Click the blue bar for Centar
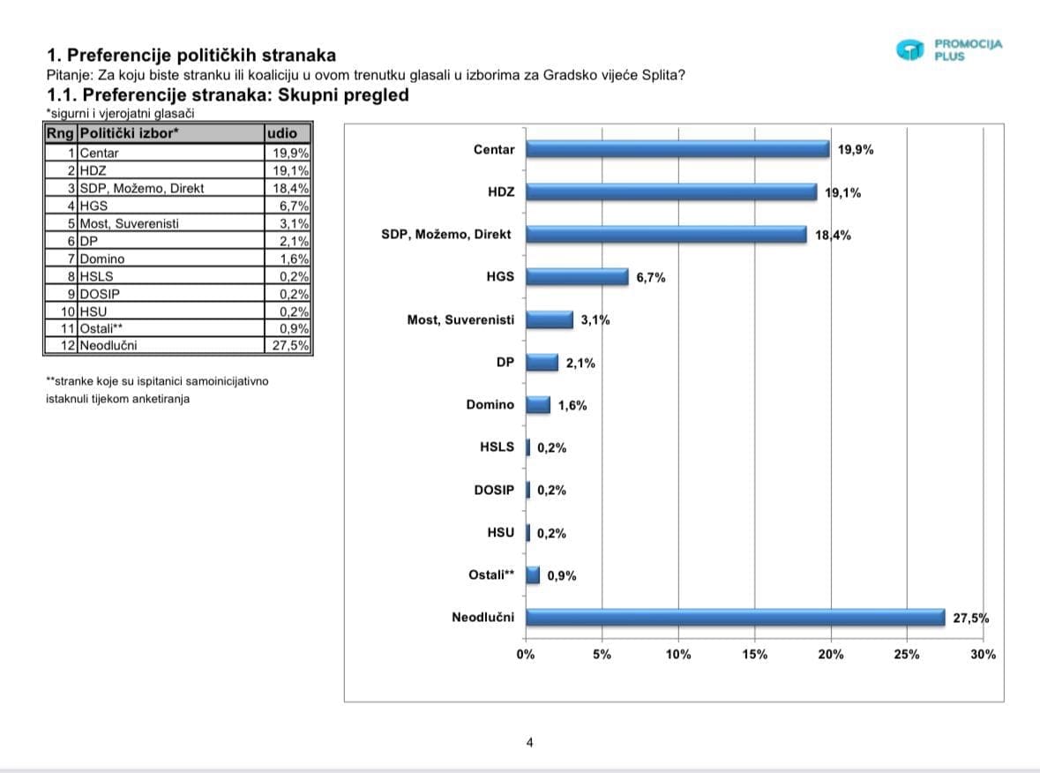tap(677, 149)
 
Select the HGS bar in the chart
tap(577, 277)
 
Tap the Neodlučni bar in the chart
tap(735, 617)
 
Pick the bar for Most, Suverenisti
tap(550, 319)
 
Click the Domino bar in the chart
tap(538, 405)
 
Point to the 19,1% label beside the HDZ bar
tap(843, 192)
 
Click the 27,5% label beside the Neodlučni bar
tap(970, 618)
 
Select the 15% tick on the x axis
tap(755, 655)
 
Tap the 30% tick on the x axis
tap(983, 655)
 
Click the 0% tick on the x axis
tap(526, 655)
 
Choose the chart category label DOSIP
tap(494, 490)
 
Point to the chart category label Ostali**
tap(491, 575)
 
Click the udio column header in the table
tap(287, 133)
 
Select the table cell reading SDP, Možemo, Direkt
tap(142, 188)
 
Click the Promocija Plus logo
tap(949, 49)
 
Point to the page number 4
tap(529, 742)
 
